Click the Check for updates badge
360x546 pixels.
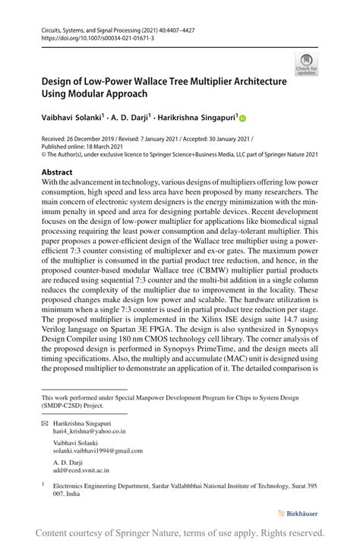[306, 65]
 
